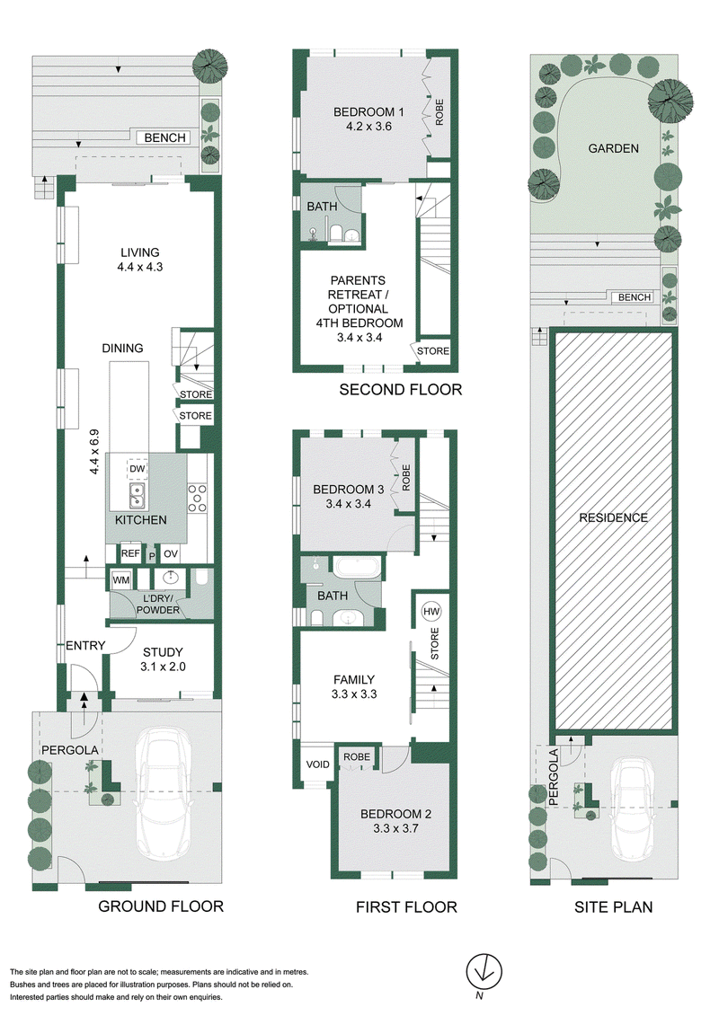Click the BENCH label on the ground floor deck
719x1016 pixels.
164,137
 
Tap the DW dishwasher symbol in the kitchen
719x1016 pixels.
137,469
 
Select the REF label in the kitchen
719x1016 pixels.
130,553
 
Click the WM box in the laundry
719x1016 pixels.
121,580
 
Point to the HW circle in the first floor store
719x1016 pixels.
431,611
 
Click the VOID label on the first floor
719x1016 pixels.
317,764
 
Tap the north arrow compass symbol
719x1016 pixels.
484,973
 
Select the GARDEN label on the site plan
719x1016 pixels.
613,148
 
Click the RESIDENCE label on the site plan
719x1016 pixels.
613,517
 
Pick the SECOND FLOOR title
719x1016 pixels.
401,390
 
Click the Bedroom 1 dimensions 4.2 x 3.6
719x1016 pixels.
368,127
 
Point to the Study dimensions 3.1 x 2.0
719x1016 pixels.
163,666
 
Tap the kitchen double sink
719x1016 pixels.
137,496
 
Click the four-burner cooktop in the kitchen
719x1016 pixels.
197,499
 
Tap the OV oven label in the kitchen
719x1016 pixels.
171,553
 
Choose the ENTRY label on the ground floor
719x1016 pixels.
84,645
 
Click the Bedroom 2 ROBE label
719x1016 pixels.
357,756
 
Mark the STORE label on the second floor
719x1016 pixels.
433,350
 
